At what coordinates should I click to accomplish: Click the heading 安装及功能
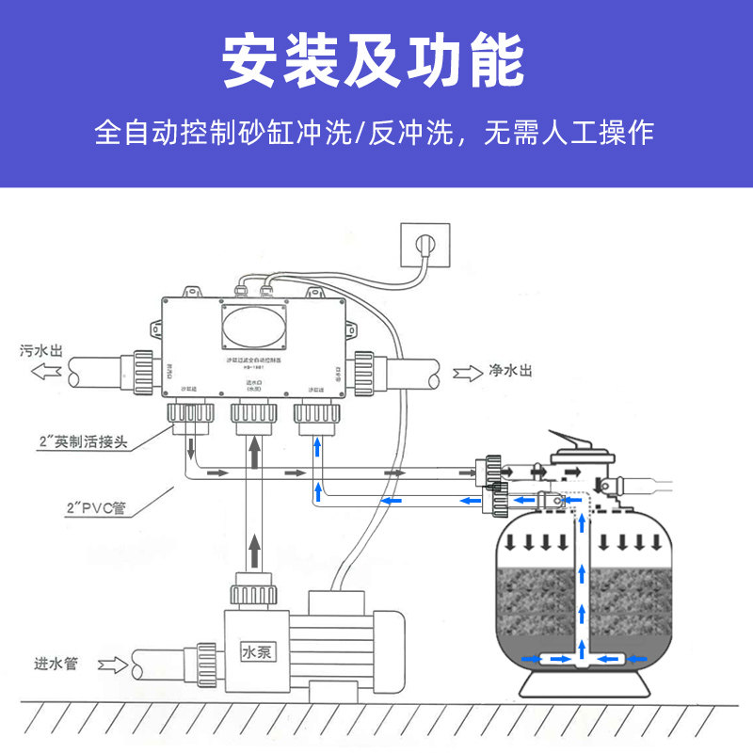(374, 61)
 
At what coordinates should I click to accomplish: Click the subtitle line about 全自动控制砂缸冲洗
(374, 132)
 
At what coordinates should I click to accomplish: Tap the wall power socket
(425, 246)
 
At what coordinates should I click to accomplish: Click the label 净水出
(511, 371)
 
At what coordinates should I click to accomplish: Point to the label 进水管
(56, 664)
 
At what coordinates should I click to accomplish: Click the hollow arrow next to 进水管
(111, 665)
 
